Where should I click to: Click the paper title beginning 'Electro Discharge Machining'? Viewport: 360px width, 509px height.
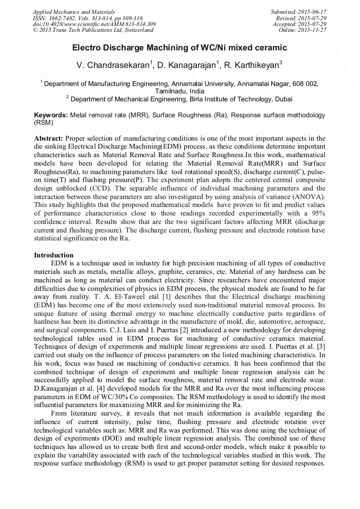179,48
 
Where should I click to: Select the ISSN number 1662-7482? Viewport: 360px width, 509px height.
63,18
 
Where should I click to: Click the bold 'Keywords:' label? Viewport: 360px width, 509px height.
50,115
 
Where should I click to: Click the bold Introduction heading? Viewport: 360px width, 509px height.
54,255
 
